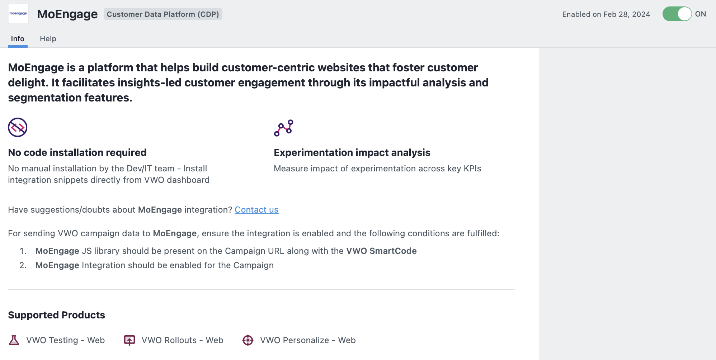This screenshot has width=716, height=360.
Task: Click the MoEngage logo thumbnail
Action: click(18, 14)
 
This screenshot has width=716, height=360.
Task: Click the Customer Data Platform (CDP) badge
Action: click(163, 14)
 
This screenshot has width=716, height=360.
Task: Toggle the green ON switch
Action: click(677, 14)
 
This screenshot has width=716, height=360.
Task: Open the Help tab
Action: click(48, 39)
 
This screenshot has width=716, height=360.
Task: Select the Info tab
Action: click(18, 39)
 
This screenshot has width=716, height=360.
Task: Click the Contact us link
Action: click(256, 210)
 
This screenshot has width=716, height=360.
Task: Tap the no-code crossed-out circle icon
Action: click(18, 127)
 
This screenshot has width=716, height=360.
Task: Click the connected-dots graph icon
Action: click(284, 128)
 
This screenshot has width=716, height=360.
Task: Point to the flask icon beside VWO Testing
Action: click(14, 340)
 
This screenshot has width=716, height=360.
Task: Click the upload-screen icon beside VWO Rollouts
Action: click(129, 340)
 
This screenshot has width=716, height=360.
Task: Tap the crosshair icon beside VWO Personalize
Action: click(248, 340)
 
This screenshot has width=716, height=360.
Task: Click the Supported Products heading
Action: click(57, 315)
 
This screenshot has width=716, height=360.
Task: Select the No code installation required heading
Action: click(77, 153)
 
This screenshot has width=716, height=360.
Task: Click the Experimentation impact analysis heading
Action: click(352, 153)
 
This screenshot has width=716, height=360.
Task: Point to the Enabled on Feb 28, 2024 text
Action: click(606, 14)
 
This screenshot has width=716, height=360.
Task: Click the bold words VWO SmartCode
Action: click(381, 251)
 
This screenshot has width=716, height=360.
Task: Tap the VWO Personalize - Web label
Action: click(308, 340)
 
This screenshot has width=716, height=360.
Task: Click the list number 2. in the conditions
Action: click(23, 265)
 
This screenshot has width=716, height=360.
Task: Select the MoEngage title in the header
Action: click(67, 14)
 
